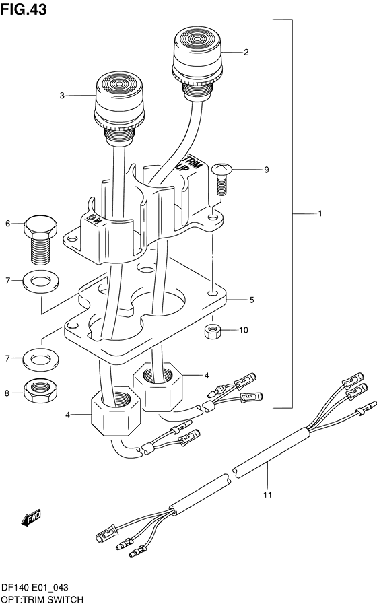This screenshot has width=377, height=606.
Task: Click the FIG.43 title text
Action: (24, 9)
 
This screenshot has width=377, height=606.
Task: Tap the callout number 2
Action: (246, 52)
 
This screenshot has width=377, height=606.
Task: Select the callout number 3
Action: (62, 96)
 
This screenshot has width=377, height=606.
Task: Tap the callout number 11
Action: (268, 495)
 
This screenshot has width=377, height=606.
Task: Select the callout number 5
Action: (252, 300)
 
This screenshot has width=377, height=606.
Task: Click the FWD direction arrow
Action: (30, 518)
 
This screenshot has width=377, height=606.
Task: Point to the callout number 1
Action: (320, 213)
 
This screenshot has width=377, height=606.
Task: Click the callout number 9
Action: (266, 170)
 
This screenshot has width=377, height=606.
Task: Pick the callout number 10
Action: (244, 330)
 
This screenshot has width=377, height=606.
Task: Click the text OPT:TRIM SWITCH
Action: (42, 600)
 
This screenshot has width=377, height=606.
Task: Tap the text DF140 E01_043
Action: (35, 588)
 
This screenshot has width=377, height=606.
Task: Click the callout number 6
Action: (7, 224)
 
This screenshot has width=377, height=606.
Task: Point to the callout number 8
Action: (7, 393)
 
